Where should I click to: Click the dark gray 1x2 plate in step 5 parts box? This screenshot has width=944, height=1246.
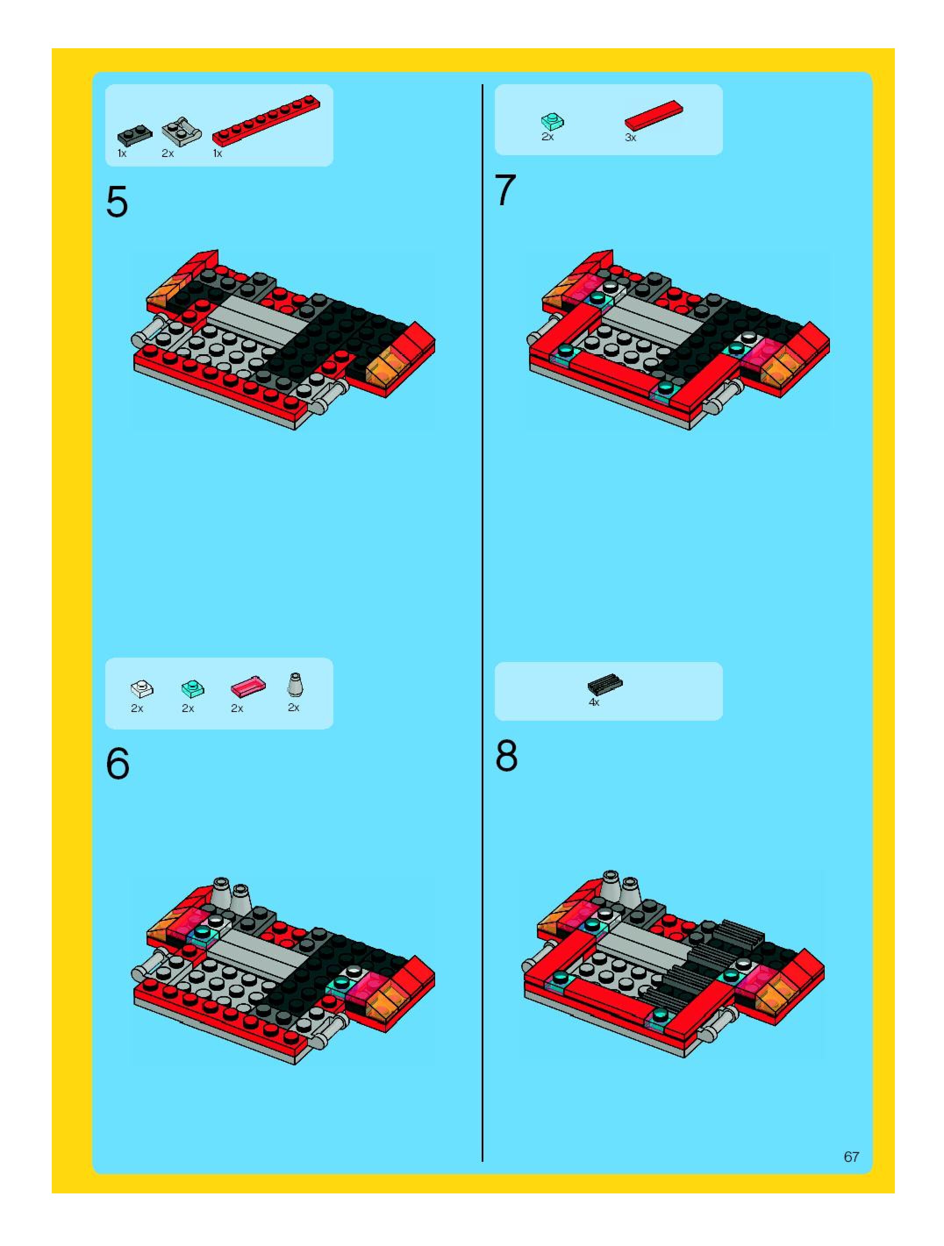tap(135, 135)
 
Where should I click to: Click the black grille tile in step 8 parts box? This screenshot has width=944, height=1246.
tap(605, 684)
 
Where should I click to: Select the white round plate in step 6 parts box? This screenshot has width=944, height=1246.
tap(141, 688)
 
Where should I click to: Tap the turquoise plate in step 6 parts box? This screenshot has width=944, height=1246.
tap(193, 688)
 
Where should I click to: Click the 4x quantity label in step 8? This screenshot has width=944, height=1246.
tap(594, 702)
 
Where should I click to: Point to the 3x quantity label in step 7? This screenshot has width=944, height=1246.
tap(630, 137)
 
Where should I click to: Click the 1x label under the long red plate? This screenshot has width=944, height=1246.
tap(218, 153)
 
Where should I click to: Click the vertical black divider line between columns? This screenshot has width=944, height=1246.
tap(483, 619)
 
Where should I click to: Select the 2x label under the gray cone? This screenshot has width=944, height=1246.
tap(293, 708)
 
